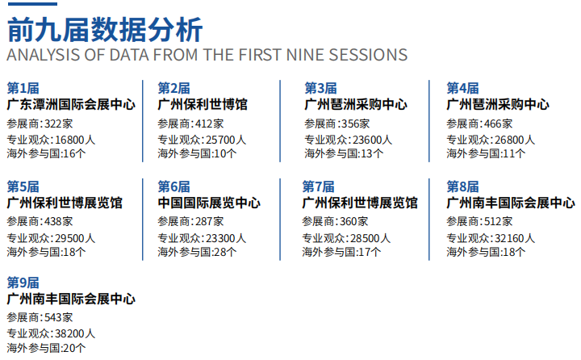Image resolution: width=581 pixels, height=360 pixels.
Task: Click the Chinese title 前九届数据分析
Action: (105, 30)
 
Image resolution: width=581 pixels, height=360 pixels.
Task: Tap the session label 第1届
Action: (23, 88)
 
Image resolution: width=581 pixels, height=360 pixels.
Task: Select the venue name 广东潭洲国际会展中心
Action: (71, 105)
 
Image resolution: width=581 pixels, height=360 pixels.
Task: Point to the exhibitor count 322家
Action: (59, 123)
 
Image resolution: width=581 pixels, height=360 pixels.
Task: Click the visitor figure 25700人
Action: (226, 140)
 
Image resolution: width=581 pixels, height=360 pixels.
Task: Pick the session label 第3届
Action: (320, 88)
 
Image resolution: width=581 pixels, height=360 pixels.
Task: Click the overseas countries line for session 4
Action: (486, 153)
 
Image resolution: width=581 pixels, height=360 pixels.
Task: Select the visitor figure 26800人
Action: (515, 140)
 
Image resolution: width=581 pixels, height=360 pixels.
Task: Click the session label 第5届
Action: (23, 186)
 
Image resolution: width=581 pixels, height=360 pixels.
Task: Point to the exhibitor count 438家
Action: (59, 221)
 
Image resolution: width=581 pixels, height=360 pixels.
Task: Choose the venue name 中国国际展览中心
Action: (209, 203)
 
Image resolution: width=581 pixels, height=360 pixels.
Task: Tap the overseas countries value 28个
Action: (225, 252)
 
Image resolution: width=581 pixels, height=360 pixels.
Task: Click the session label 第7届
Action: (318, 186)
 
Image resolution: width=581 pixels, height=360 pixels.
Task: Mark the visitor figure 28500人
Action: (370, 238)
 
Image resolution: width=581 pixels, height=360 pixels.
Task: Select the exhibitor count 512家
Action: (499, 221)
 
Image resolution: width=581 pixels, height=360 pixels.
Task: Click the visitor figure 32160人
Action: (515, 238)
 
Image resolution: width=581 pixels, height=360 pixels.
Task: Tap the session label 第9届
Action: (23, 283)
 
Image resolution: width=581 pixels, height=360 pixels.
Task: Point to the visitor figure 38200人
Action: (75, 333)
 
